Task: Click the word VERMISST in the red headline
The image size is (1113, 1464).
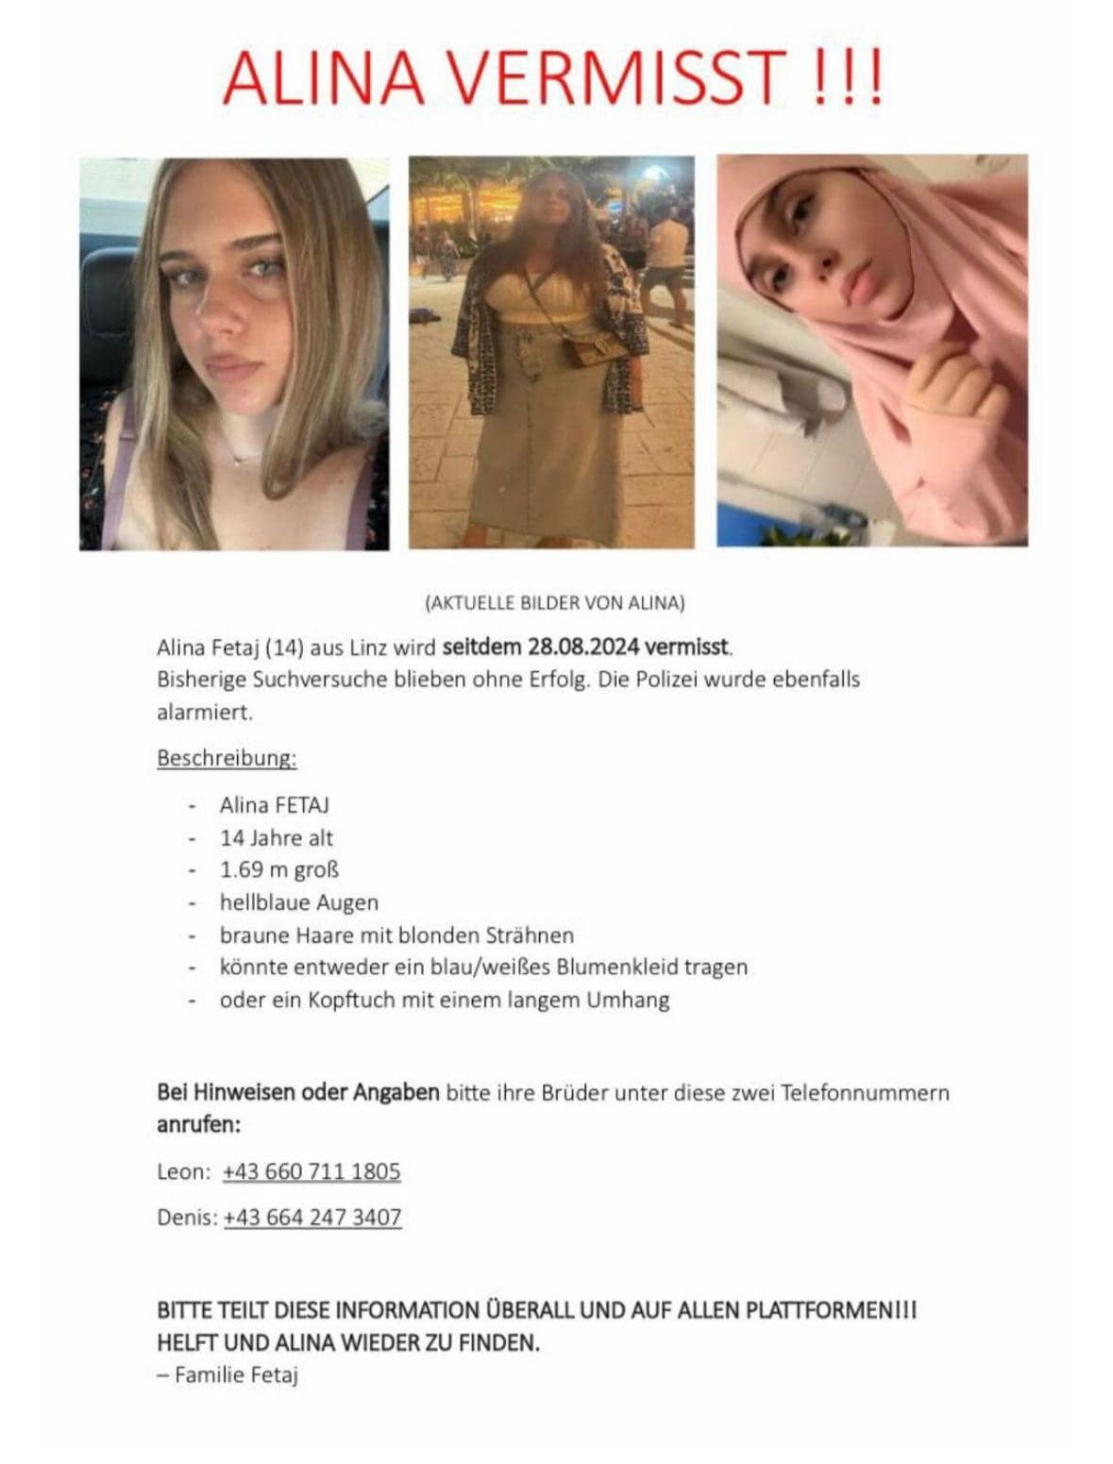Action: tap(617, 76)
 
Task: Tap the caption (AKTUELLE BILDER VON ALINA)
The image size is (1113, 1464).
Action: tap(555, 602)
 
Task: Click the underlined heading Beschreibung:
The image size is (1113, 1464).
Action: tap(227, 758)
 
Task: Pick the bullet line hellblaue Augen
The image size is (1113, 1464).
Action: tap(298, 902)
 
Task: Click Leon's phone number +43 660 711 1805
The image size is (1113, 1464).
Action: tap(312, 1171)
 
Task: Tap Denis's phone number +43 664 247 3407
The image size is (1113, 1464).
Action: tap(312, 1217)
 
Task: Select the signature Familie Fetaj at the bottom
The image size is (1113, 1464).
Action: tap(236, 1374)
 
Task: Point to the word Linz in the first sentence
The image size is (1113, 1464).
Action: tap(370, 648)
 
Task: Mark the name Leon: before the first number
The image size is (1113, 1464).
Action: tap(184, 1171)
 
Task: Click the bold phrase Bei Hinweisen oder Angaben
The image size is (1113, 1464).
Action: tap(297, 1093)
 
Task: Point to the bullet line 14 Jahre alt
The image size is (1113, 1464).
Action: tap(276, 837)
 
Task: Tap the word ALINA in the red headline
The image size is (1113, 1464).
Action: tap(324, 76)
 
